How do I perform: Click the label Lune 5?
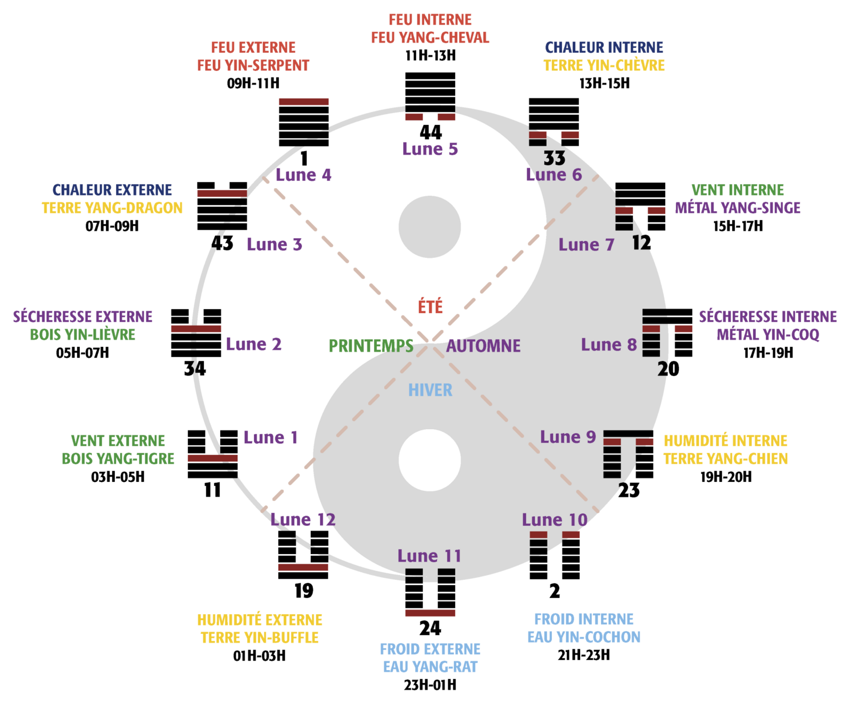[x=430, y=149]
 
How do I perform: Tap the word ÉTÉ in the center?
[x=430, y=307]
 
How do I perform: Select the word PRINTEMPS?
[x=371, y=346]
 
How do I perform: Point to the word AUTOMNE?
[x=483, y=346]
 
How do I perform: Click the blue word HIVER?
[x=430, y=390]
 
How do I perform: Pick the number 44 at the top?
[x=431, y=132]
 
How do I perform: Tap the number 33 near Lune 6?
[x=555, y=158]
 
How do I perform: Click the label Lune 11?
[x=429, y=556]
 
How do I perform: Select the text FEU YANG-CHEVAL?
[x=430, y=38]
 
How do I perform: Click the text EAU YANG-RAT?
[x=430, y=667]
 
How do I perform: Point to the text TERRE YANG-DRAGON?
[x=112, y=208]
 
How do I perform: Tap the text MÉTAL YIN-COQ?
[x=768, y=335]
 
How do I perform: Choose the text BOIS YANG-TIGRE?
[x=118, y=458]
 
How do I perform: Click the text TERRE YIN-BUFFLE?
[x=260, y=638]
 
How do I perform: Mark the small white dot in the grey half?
[x=429, y=461]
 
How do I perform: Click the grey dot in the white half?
[x=429, y=227]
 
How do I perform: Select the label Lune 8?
[x=609, y=345]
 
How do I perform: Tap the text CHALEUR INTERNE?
[x=604, y=48]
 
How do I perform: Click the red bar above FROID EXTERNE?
[x=430, y=613]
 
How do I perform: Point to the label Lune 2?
[x=253, y=345]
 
